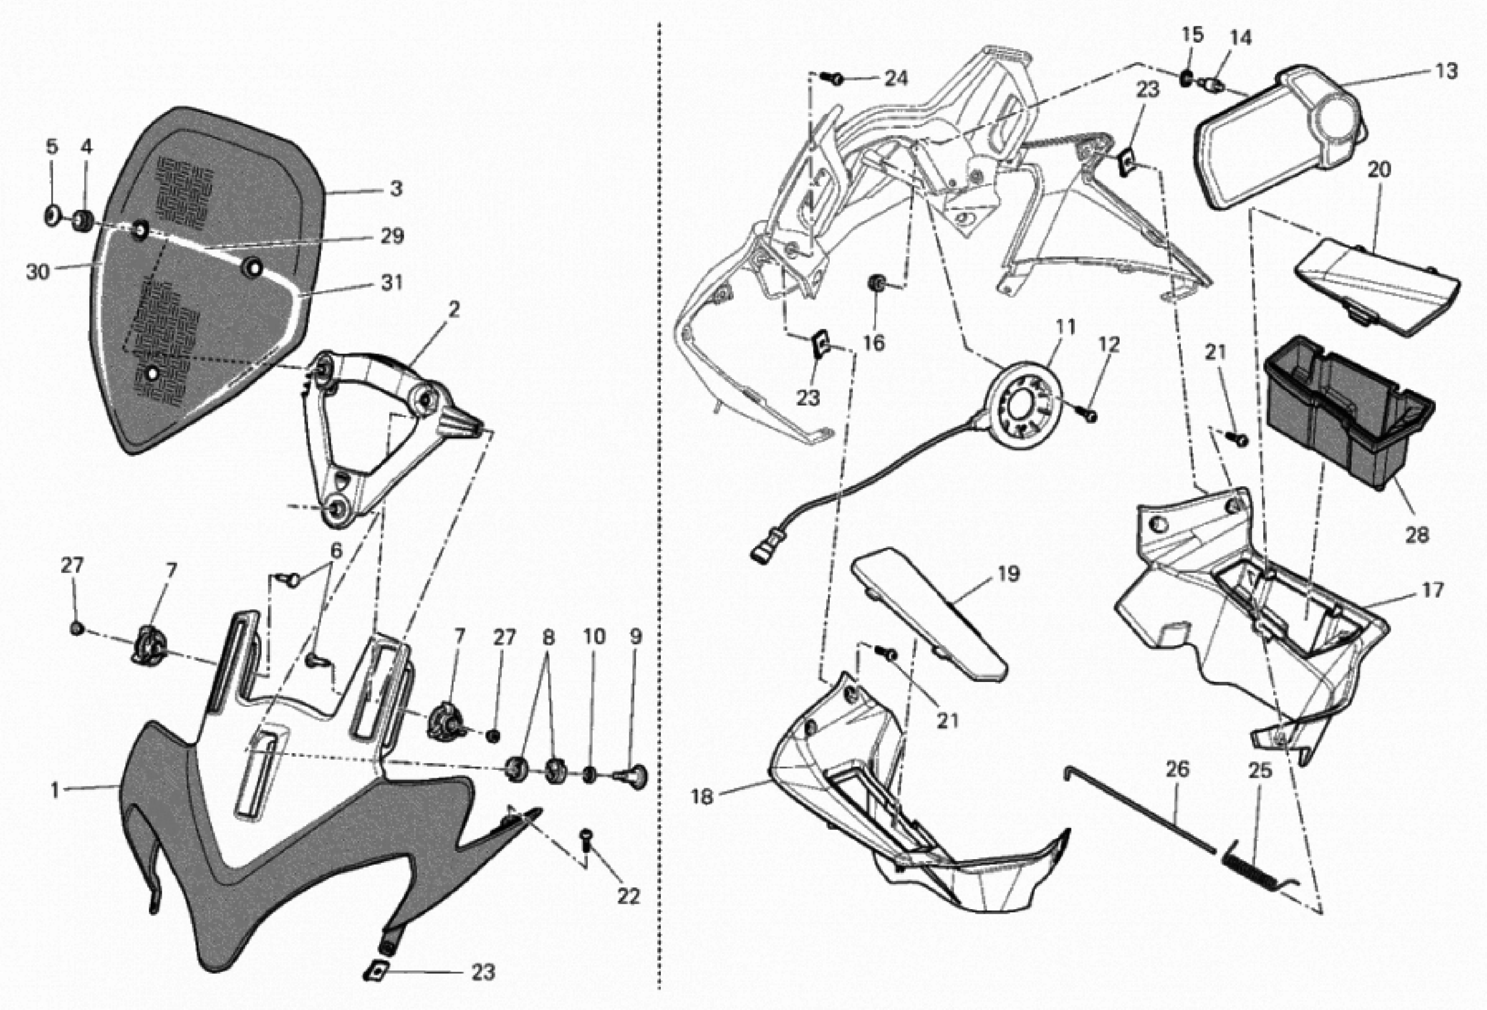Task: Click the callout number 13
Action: click(x=1445, y=71)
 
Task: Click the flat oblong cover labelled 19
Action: click(x=931, y=618)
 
